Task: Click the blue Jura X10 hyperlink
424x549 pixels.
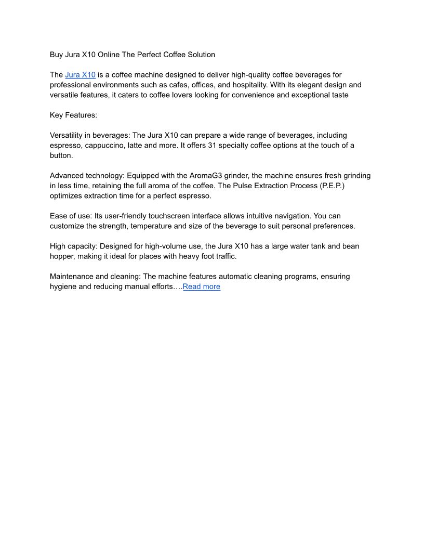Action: click(x=81, y=75)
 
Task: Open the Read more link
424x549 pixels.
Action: click(x=202, y=286)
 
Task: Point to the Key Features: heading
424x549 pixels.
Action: click(x=73, y=115)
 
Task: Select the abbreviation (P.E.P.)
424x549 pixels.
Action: click(x=332, y=186)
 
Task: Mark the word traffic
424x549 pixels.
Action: click(x=223, y=256)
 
